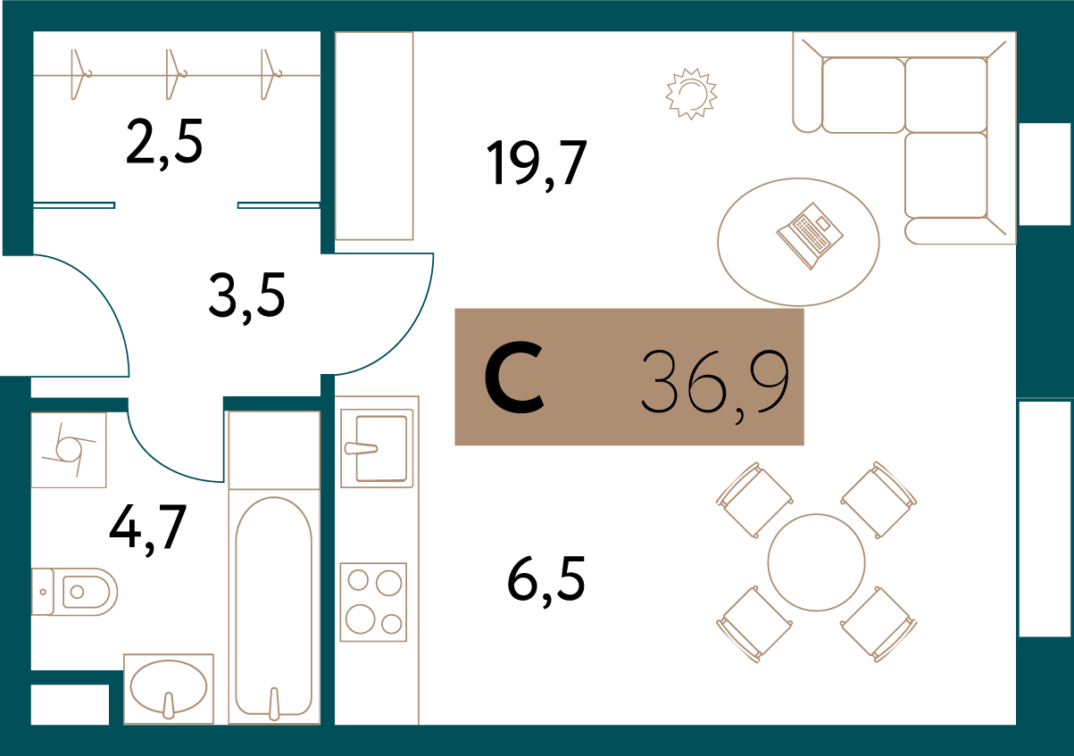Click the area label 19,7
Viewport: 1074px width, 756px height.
point(537,164)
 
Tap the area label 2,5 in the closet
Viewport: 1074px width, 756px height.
point(164,144)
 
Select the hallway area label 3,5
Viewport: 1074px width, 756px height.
point(247,297)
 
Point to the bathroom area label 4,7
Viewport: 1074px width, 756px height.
point(147,529)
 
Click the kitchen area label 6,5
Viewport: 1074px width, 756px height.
point(546,580)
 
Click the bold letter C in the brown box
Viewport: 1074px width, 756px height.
point(514,377)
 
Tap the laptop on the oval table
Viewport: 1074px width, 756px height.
point(810,236)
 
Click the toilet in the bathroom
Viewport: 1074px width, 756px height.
point(74,592)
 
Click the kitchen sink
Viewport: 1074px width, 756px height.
point(377,448)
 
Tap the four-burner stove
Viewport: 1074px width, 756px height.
point(373,602)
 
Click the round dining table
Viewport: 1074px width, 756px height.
point(817,562)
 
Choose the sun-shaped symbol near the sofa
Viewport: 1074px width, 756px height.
point(691,94)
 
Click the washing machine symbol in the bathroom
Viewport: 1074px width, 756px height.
point(69,450)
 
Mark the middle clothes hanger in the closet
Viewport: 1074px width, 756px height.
point(174,74)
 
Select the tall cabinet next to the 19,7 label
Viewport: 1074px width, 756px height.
point(374,137)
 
